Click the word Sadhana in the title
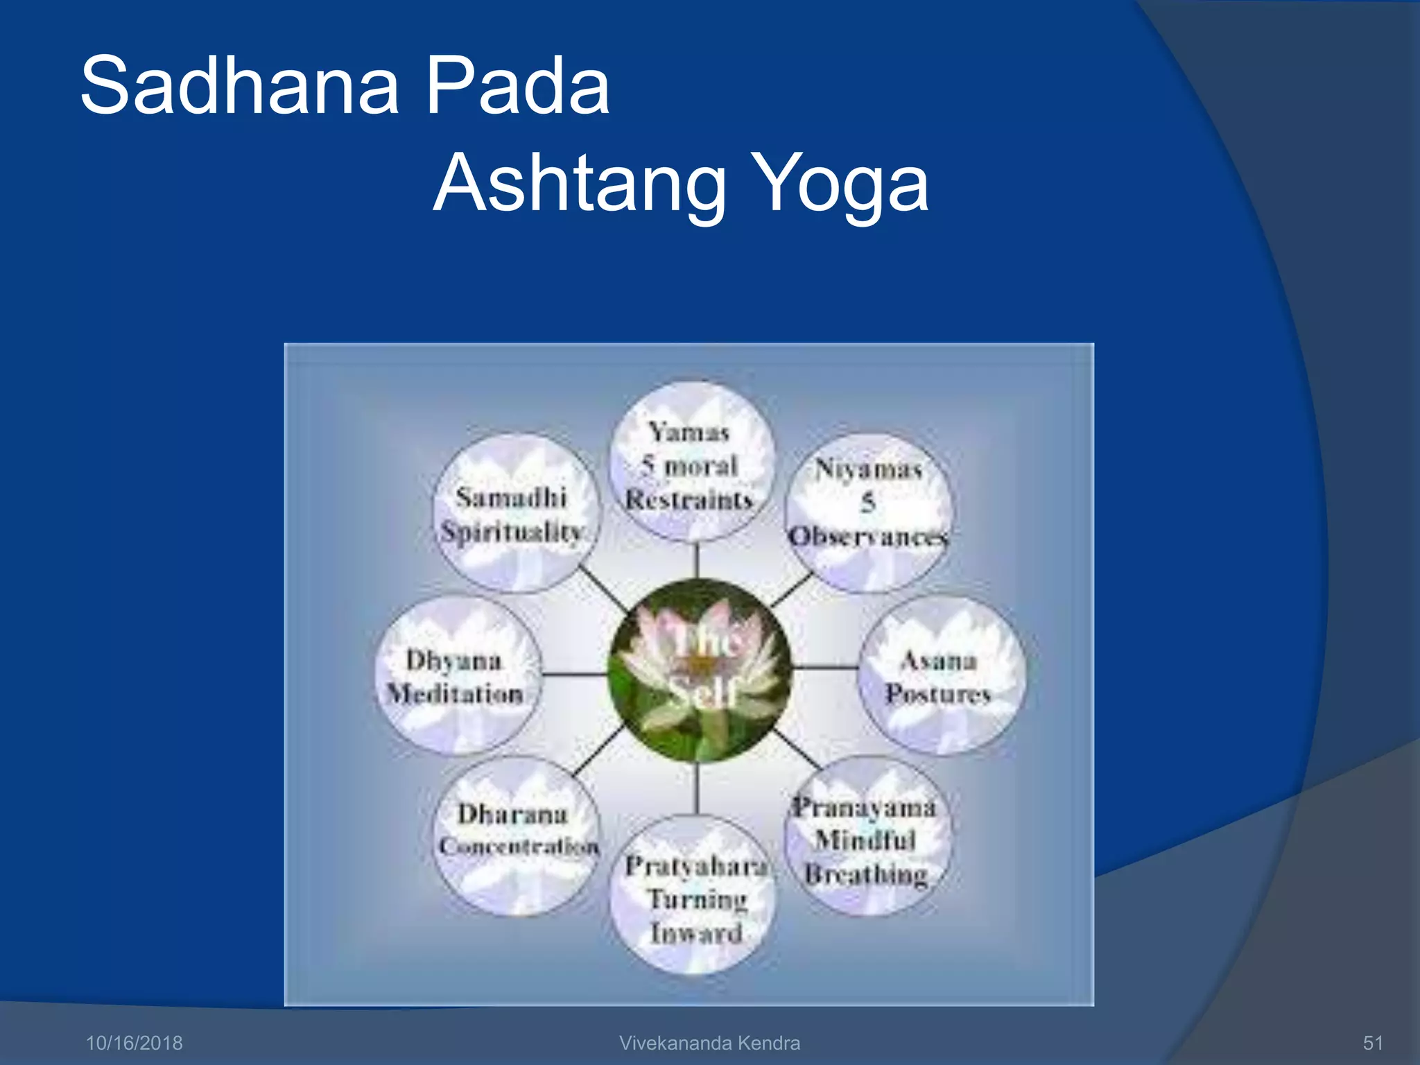[x=239, y=86]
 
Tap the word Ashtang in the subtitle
[x=579, y=184]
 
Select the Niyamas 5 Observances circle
[x=869, y=513]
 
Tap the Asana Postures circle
[x=941, y=676]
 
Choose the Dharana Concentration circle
[x=515, y=835]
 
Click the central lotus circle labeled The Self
[x=699, y=670]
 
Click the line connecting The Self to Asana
[x=825, y=668]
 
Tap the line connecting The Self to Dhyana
[x=574, y=673]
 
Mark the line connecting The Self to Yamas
[x=698, y=560]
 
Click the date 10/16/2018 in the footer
[x=134, y=1043]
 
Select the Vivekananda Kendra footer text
[x=709, y=1043]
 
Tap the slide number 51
[x=1373, y=1043]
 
